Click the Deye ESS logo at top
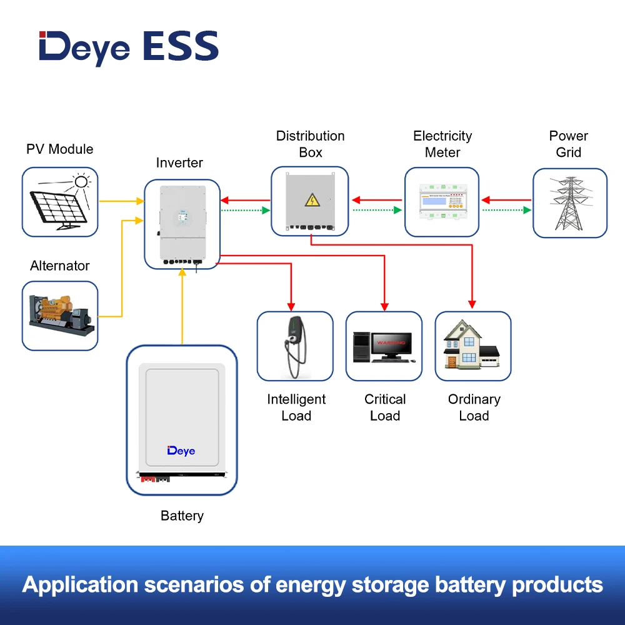[x=128, y=47]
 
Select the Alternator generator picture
[x=59, y=316]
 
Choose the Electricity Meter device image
[x=442, y=202]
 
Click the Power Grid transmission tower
[x=569, y=202]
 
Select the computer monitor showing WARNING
[x=390, y=344]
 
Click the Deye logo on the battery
[x=181, y=451]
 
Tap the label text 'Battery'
[x=182, y=516]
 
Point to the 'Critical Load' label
[x=385, y=407]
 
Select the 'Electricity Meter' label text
[x=442, y=144]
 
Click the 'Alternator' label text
[x=60, y=266]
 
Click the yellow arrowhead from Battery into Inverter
[x=182, y=273]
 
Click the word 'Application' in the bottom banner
[x=80, y=585]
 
